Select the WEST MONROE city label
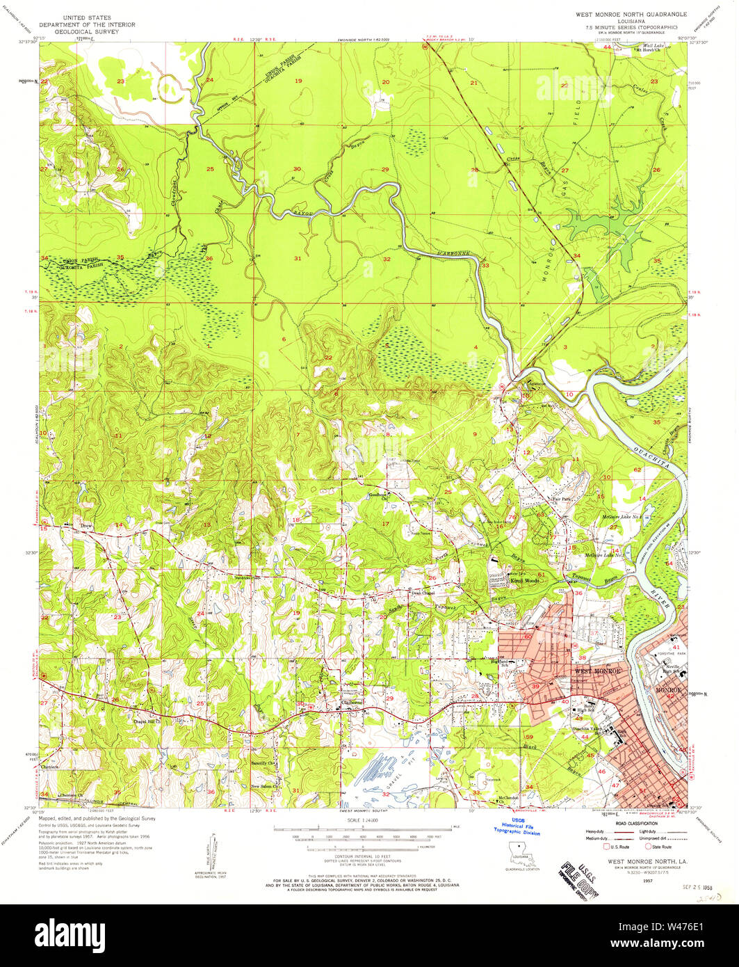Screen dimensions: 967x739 (x=596, y=671)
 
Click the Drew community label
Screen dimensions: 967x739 (x=87, y=527)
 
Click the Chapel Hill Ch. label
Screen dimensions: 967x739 (x=147, y=721)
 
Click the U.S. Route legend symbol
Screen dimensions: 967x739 (x=606, y=847)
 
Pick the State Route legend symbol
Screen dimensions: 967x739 (x=649, y=847)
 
